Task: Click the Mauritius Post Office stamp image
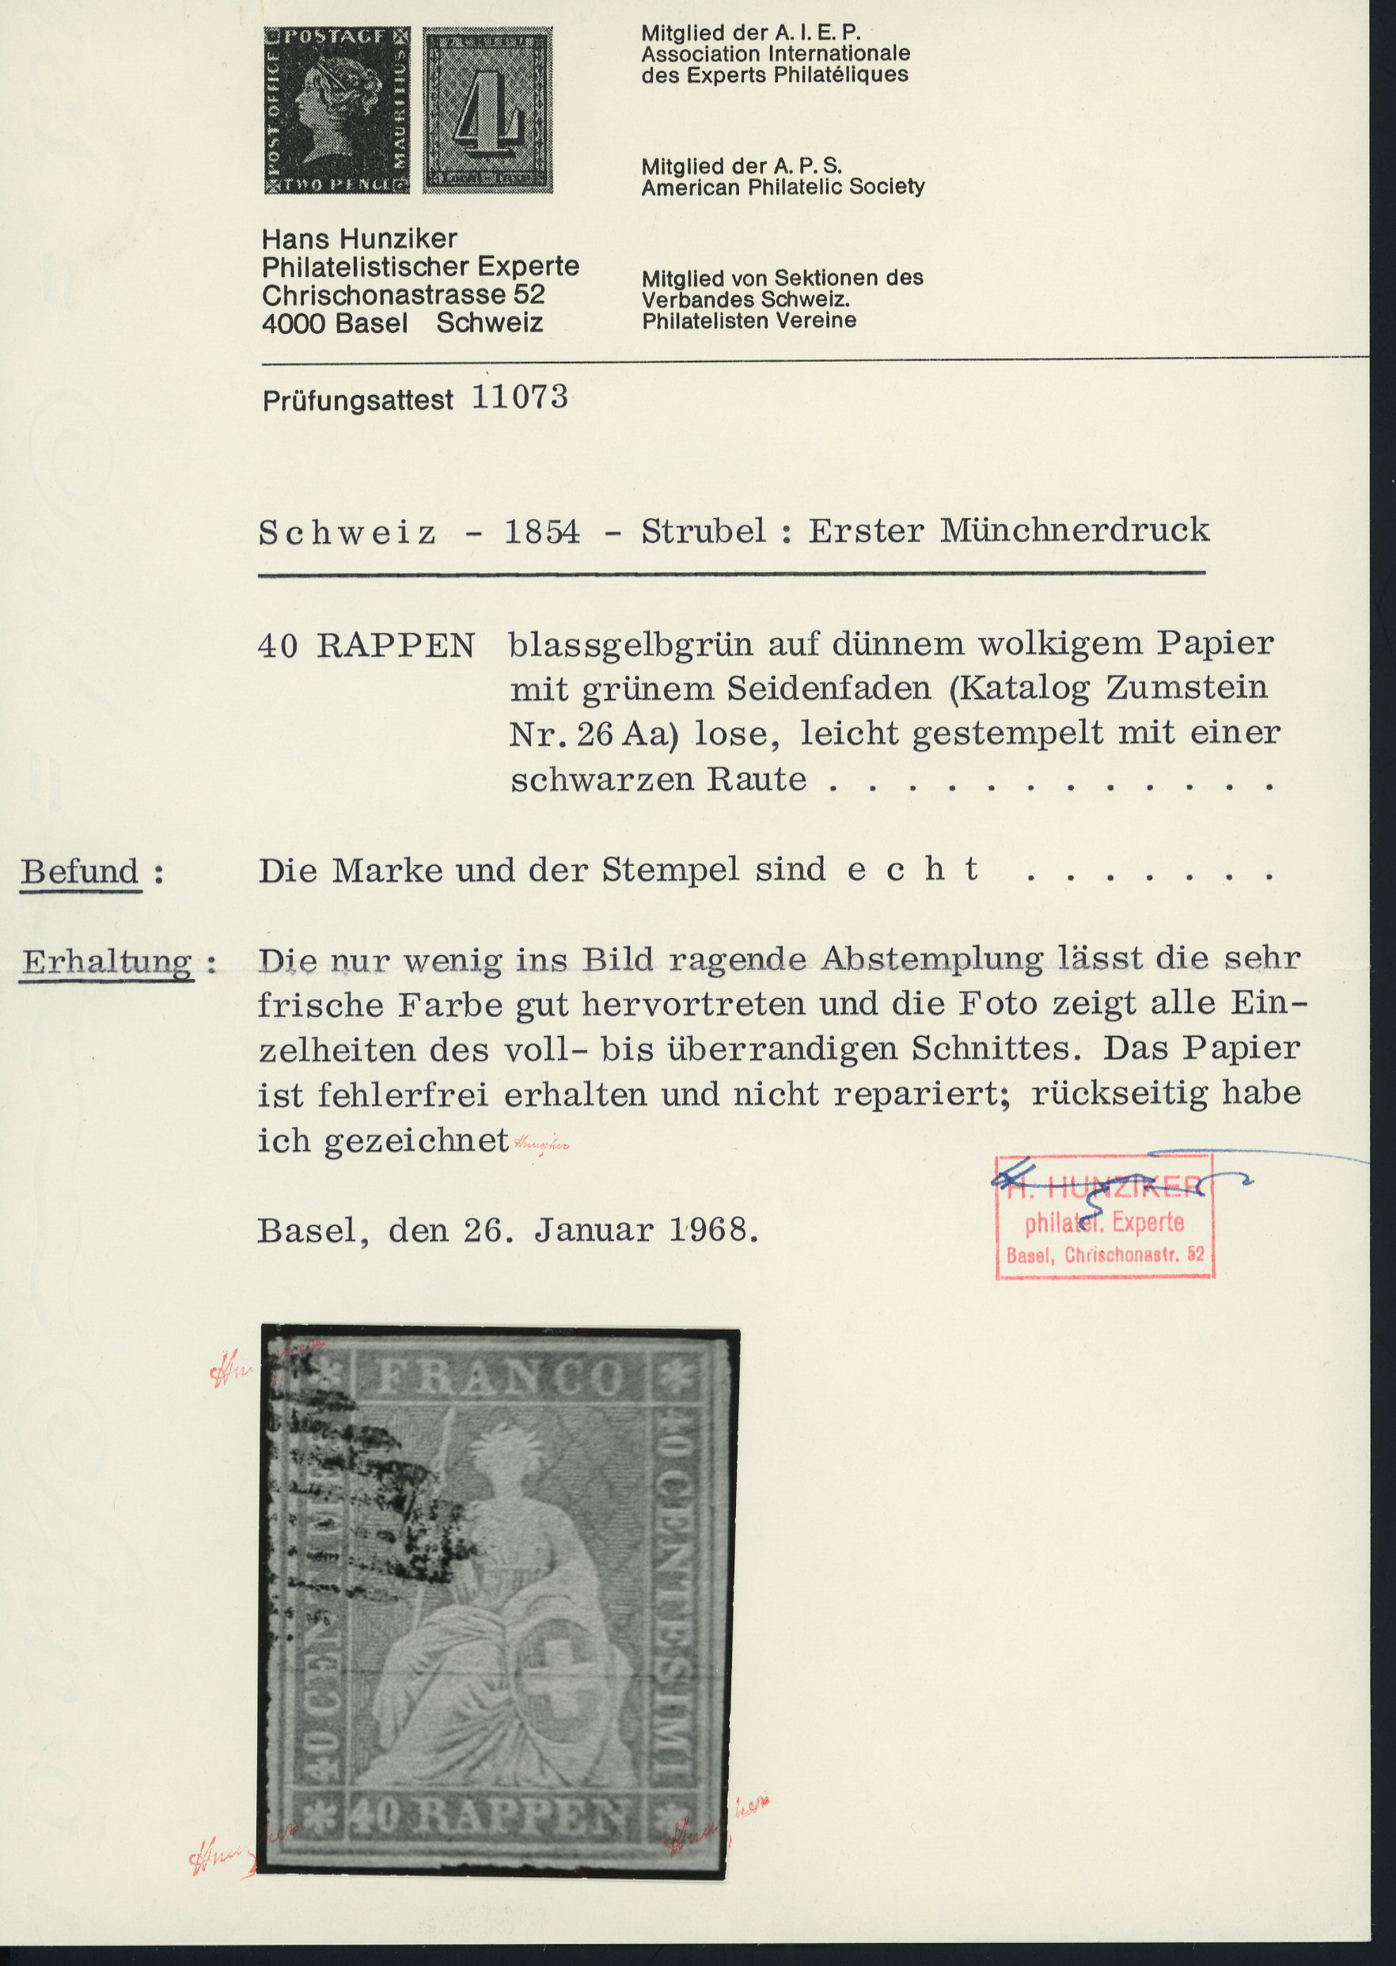pos(336,110)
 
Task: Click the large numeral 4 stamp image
pos(487,110)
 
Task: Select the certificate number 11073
pos(519,397)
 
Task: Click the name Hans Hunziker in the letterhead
pos(359,238)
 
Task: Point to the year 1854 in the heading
pos(541,531)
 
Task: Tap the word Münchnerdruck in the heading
pos(1075,529)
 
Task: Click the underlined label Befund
pos(80,871)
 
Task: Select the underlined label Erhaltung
pos(108,961)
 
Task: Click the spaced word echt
pos(913,870)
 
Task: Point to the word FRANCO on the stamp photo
pos(500,1378)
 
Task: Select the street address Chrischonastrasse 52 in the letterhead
pos(403,295)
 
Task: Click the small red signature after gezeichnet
pos(541,1144)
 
